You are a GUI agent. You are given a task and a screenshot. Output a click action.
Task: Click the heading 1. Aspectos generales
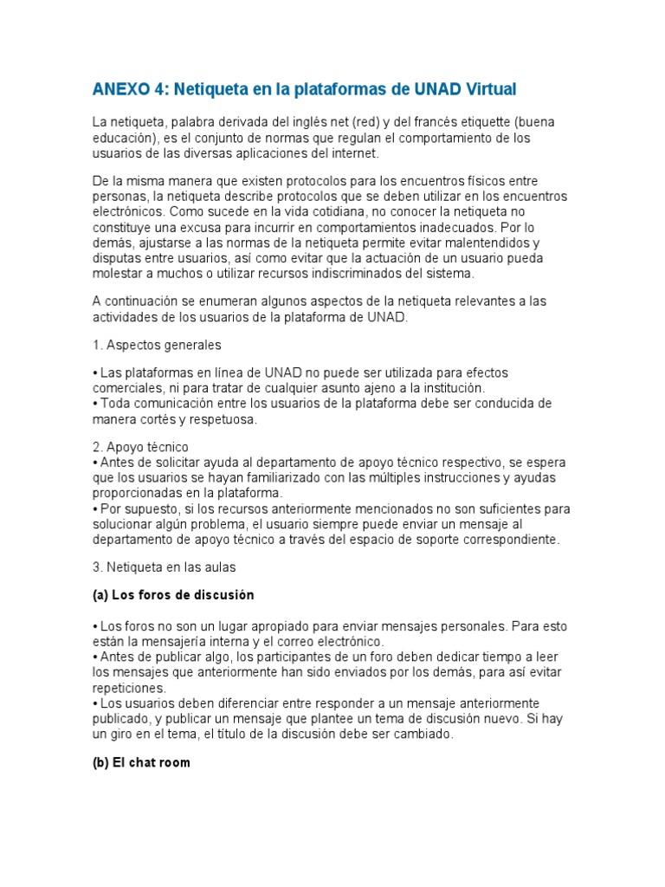tap(156, 345)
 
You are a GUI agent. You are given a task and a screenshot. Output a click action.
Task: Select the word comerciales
tap(126, 388)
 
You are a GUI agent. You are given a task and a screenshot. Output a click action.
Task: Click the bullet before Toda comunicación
tap(94, 404)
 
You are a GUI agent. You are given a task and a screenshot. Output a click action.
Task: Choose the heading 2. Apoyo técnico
tap(139, 447)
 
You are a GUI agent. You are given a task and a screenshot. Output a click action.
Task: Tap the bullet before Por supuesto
tap(94, 509)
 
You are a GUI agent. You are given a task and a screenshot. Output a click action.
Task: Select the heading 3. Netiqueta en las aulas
tap(164, 567)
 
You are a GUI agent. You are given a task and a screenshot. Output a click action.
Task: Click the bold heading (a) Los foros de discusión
tap(172, 596)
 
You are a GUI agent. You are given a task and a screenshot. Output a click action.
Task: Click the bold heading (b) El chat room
tap(140, 763)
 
